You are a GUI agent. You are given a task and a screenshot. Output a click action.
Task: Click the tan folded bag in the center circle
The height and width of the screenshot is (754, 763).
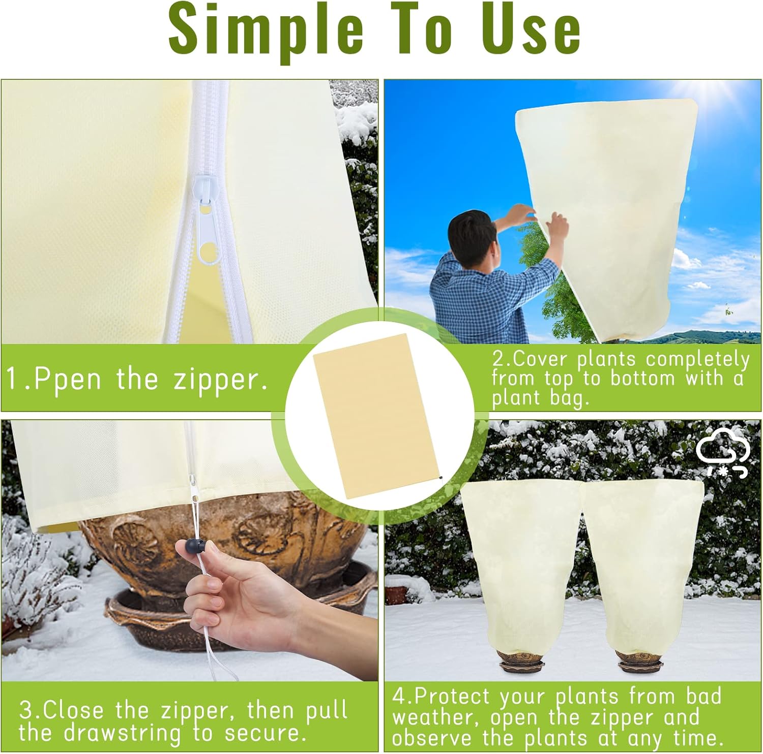point(378,415)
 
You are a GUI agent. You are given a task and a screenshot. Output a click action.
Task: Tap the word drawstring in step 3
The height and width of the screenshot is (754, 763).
point(122,733)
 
